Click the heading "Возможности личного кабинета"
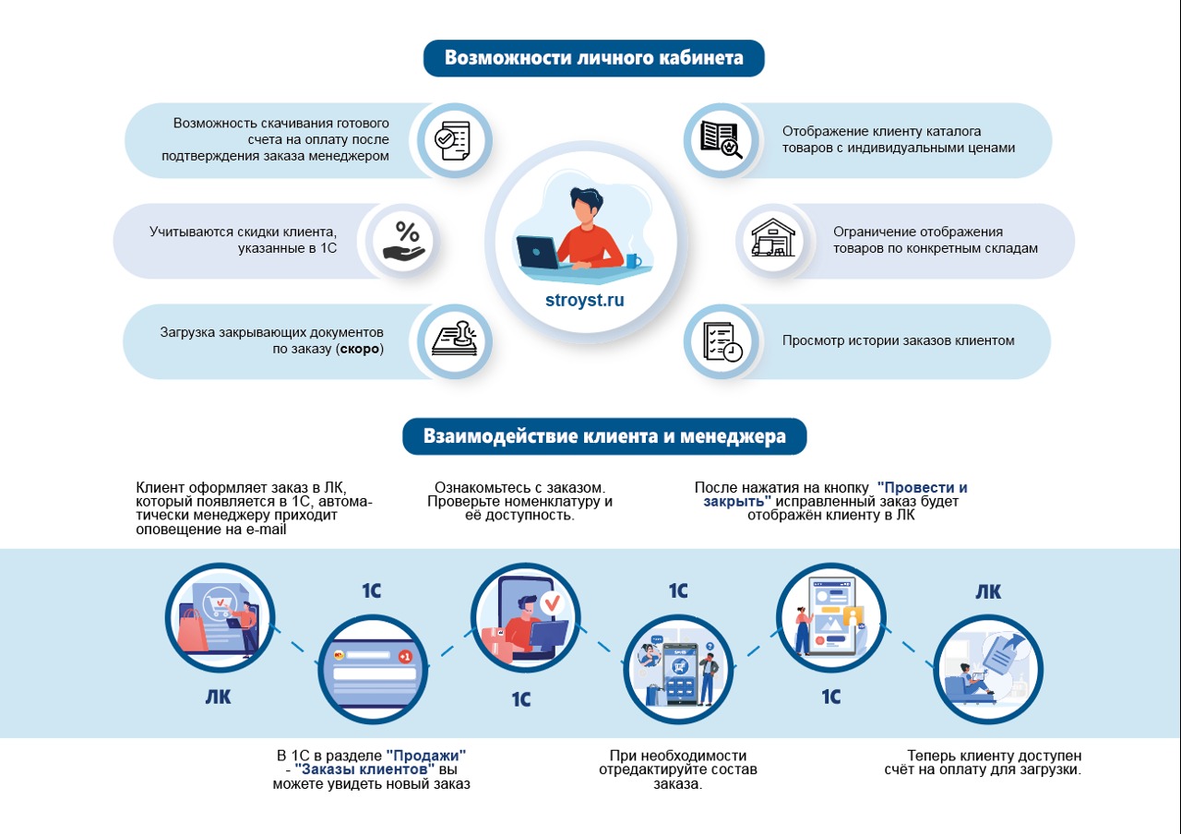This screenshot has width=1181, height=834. click(594, 58)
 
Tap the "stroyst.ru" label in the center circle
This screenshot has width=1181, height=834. click(585, 301)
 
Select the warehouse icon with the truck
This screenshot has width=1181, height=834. click(772, 240)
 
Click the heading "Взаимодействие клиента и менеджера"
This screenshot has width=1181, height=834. click(604, 435)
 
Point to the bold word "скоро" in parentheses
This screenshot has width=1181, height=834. click(360, 350)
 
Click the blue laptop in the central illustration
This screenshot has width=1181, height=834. click(537, 251)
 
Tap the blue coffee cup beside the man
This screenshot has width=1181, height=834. click(633, 260)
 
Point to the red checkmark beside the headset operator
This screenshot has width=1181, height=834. click(552, 603)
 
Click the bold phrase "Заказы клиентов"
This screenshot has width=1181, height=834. click(364, 769)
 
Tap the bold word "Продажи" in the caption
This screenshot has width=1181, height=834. click(426, 755)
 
